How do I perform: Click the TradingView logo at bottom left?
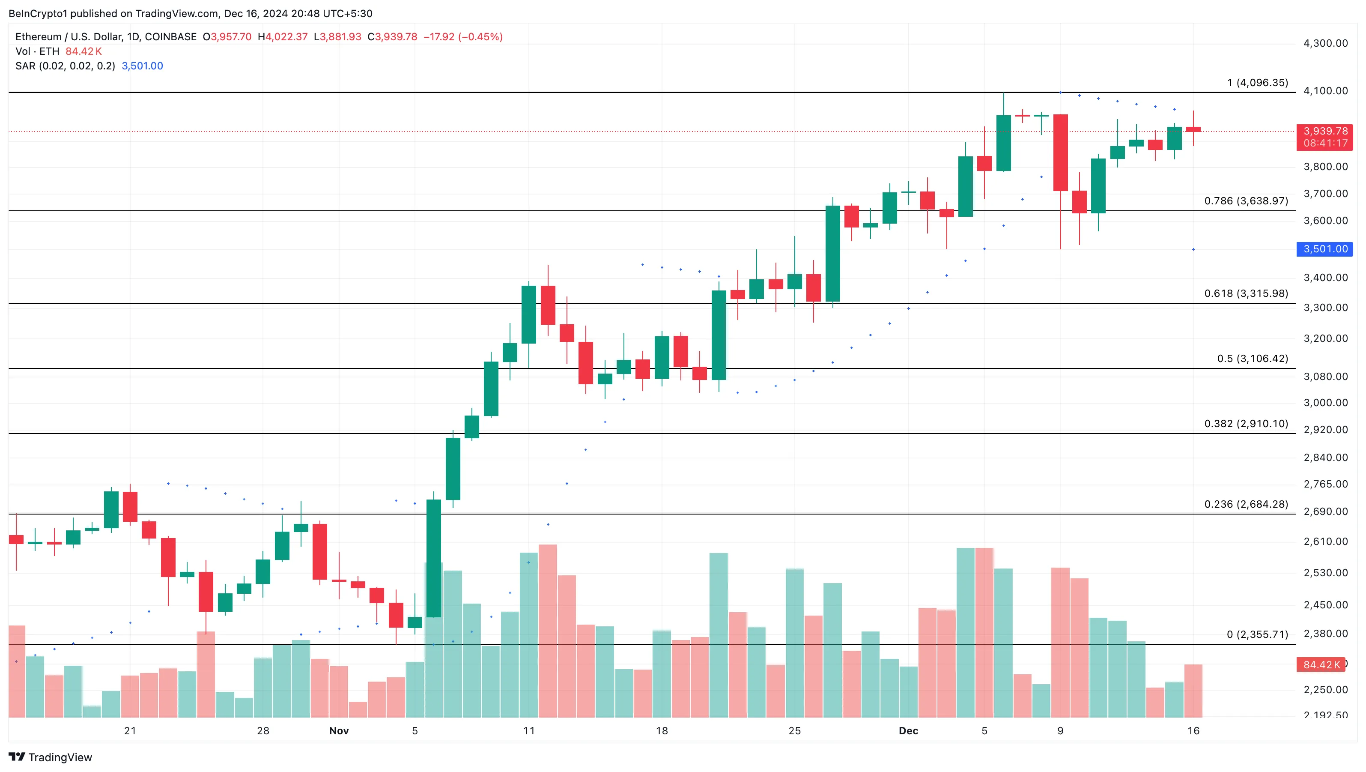(x=51, y=757)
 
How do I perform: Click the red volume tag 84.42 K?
(x=1321, y=664)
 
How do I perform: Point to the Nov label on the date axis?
(x=339, y=730)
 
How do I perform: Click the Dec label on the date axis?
(x=908, y=730)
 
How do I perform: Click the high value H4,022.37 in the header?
(x=283, y=36)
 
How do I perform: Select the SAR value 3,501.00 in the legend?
(x=142, y=66)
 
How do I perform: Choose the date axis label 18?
(x=662, y=730)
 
